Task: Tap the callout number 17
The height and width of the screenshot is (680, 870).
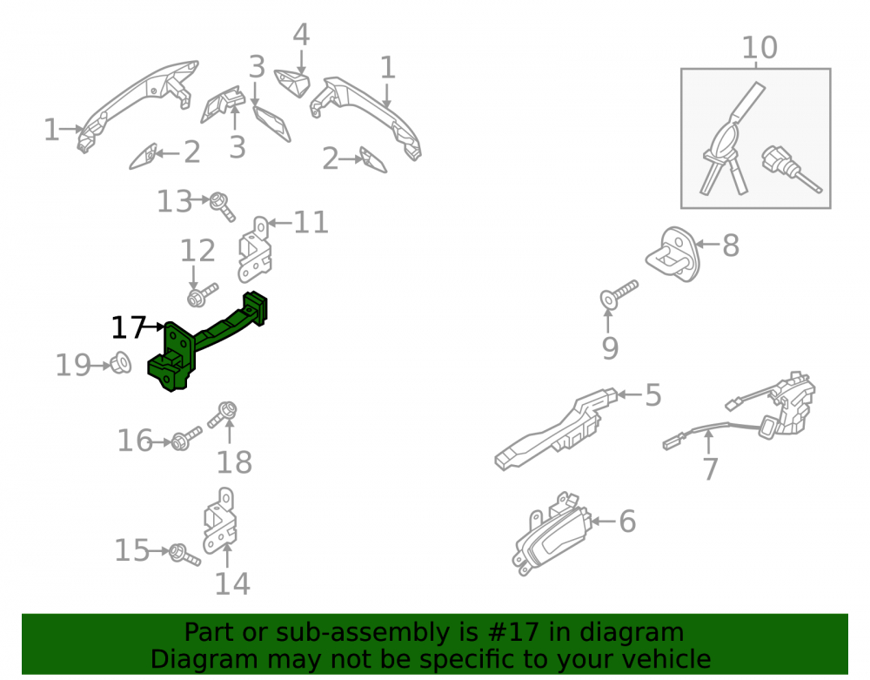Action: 128,327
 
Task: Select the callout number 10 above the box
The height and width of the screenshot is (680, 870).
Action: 760,48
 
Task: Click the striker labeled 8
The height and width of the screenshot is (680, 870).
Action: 673,253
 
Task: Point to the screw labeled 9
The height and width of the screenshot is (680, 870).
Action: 618,294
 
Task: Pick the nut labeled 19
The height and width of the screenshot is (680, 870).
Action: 121,364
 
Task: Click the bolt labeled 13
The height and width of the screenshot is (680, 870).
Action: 222,206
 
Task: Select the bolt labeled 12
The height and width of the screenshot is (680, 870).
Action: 203,295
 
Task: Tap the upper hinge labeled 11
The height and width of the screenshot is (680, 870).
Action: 255,249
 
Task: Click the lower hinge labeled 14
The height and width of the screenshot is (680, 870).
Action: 220,521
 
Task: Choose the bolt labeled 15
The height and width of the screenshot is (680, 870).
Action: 184,555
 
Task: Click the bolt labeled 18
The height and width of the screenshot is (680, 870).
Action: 223,414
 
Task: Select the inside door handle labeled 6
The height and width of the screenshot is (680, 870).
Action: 549,532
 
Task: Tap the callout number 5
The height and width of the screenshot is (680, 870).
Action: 653,394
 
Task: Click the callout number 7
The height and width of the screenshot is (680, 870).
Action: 711,469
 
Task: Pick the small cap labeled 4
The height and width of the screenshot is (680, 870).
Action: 292,83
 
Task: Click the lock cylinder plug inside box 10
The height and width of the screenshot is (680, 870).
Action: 792,168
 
